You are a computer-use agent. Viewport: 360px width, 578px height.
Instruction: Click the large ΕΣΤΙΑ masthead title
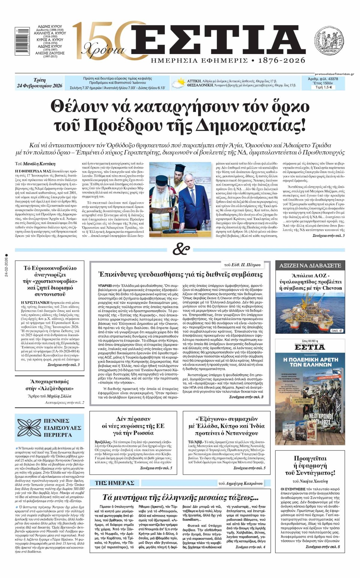pyautogui.click(x=214, y=40)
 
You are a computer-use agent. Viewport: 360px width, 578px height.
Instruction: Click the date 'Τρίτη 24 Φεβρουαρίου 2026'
pyautogui.click(x=40, y=83)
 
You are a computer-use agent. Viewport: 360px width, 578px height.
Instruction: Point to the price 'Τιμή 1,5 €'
pyautogui.click(x=324, y=87)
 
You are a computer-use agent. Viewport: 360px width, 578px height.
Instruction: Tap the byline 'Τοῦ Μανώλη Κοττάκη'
pyautogui.click(x=35, y=164)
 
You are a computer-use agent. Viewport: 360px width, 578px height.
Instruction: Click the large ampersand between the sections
pyautogui.click(x=181, y=249)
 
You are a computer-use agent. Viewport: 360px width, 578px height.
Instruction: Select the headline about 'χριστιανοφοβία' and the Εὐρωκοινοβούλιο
pyautogui.click(x=50, y=281)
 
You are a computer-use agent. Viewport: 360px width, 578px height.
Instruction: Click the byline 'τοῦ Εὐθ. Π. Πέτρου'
pyautogui.click(x=242, y=265)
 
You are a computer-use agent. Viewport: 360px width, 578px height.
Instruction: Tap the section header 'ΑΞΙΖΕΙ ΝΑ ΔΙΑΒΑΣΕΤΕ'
pyautogui.click(x=310, y=265)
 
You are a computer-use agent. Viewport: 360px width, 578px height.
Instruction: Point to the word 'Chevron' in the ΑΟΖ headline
pyautogui.click(x=330, y=288)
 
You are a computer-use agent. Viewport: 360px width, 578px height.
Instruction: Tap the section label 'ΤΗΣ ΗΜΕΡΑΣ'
pyautogui.click(x=114, y=483)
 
